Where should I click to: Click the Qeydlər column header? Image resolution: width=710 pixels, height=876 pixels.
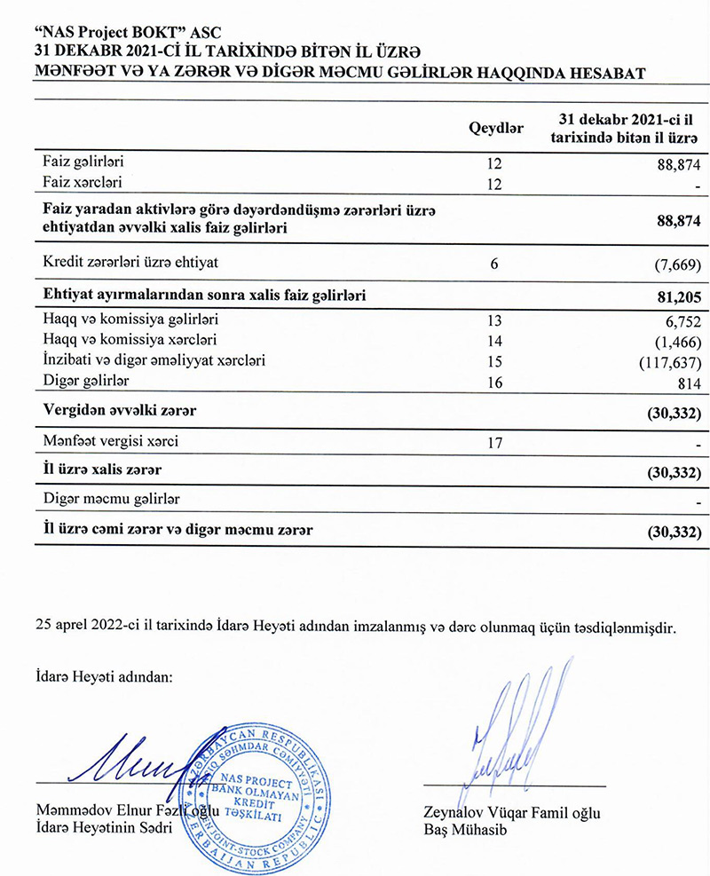point(495,130)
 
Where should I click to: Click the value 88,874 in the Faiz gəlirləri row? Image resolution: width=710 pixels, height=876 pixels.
point(678,165)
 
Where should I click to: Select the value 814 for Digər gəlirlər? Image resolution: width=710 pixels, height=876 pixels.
point(690,383)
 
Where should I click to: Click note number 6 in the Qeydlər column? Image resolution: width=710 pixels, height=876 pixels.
point(493,263)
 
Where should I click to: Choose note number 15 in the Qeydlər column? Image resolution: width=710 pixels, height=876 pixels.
point(493,361)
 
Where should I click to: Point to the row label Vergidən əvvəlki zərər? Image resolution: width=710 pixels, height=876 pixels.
point(120,411)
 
